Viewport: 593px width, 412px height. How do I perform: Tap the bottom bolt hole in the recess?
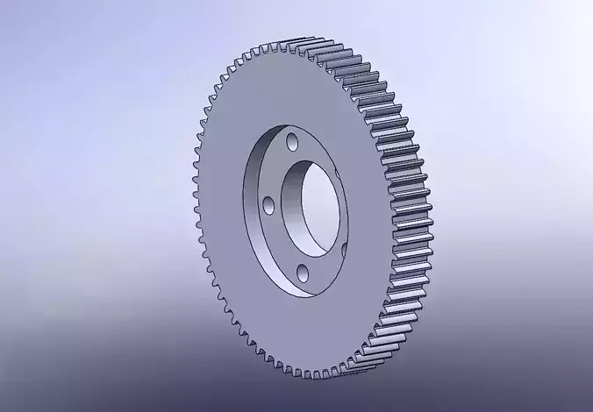pyautogui.click(x=300, y=271)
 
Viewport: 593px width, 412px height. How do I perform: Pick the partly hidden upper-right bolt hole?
pyautogui.click(x=339, y=171)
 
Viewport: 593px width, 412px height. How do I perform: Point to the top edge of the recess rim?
pyautogui.click(x=289, y=120)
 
